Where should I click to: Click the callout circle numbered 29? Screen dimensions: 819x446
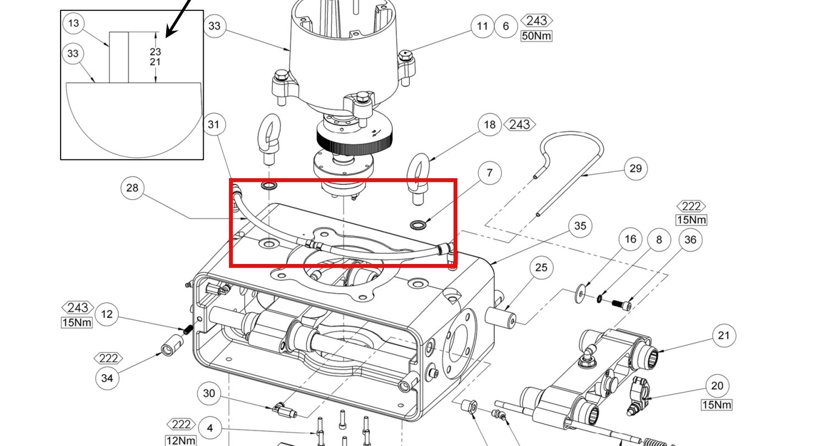point(636,168)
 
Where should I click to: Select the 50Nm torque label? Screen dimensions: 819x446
point(537,36)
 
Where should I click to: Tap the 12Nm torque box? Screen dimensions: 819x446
point(181,440)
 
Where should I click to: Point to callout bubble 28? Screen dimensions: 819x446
point(132,188)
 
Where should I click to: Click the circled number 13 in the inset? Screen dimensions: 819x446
point(74,23)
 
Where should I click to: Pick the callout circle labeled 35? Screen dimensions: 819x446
point(580,225)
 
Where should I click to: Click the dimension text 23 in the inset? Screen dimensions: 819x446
point(155,52)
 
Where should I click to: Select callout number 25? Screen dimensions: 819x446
point(541,267)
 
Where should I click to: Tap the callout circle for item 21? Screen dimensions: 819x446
point(724,335)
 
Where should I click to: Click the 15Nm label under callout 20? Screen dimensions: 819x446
point(717,405)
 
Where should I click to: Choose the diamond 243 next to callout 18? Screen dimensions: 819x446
point(520,124)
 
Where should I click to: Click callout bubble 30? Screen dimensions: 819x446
point(209,393)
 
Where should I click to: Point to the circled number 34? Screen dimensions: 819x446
point(107,378)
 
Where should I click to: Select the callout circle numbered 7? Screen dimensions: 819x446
point(489,173)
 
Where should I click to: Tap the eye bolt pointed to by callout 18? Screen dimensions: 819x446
point(419,179)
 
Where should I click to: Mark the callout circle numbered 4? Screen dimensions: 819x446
point(210,428)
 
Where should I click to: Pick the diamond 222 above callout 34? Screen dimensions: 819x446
point(108,359)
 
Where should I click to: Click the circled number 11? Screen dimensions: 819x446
point(483,26)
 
